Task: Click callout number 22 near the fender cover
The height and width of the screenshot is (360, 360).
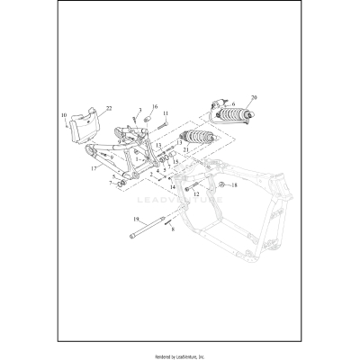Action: [x=110, y=109]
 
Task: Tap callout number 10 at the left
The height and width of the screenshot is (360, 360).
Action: [x=64, y=116]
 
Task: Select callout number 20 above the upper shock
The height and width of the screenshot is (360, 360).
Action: [x=254, y=95]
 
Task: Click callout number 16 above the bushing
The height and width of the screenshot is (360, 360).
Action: [x=155, y=106]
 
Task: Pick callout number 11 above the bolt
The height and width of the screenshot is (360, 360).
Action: [x=166, y=113]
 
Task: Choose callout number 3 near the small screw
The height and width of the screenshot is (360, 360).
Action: [x=139, y=109]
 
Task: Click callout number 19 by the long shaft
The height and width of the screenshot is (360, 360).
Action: [x=136, y=220]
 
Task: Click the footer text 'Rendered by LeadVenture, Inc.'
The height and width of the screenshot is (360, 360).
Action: [x=180, y=353]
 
